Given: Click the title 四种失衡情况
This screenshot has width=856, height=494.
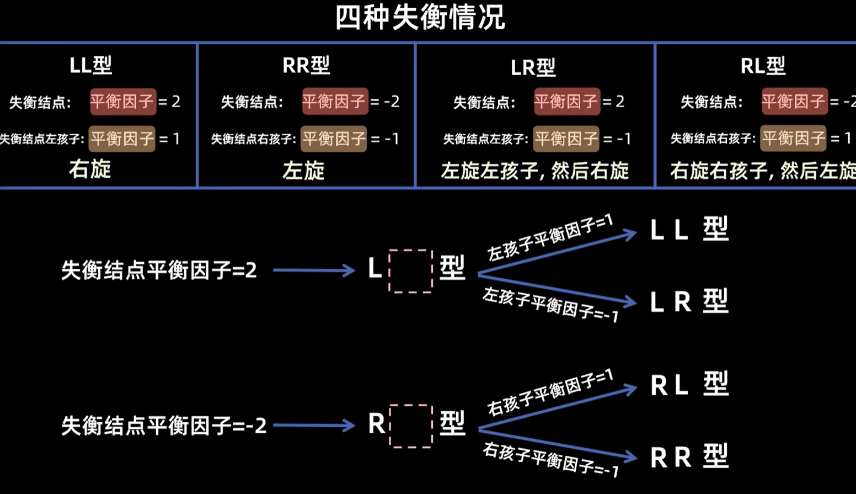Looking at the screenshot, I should (x=420, y=18).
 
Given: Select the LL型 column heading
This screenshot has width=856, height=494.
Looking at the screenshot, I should (x=91, y=65).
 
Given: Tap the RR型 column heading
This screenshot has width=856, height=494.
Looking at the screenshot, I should (x=306, y=65).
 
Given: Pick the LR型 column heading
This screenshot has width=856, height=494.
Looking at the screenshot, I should (x=533, y=67).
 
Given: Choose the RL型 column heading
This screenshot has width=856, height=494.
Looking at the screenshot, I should (x=763, y=66).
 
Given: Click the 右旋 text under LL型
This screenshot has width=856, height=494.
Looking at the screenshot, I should (x=90, y=169).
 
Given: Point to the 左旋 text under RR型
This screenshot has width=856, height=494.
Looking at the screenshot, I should (x=303, y=171).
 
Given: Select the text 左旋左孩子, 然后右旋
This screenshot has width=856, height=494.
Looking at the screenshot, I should (x=534, y=171).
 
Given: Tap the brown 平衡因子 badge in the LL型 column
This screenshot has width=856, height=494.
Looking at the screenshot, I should (x=122, y=139).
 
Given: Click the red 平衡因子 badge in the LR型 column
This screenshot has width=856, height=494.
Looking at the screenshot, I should (x=566, y=102).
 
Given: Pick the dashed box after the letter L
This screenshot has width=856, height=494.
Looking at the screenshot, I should (x=411, y=270).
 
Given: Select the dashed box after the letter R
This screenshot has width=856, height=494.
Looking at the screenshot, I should (x=411, y=426).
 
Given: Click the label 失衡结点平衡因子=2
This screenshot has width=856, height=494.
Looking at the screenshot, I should (x=159, y=270).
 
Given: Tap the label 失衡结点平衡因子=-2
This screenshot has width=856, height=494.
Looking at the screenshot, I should (x=164, y=426).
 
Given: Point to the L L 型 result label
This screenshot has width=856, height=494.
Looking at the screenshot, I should (x=689, y=229).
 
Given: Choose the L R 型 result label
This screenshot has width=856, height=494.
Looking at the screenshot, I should (x=689, y=301).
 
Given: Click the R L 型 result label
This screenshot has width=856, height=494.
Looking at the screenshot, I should (x=689, y=384).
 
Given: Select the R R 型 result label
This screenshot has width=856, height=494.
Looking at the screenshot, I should (x=689, y=457).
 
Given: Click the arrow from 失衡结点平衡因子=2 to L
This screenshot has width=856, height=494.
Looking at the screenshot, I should (x=313, y=270).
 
